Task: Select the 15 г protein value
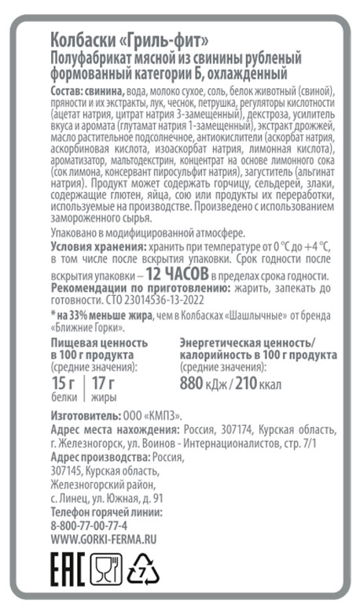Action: coord(63,384)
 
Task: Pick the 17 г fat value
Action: coord(103,384)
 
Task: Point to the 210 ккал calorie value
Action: coord(259,385)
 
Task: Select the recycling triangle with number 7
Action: coord(144,569)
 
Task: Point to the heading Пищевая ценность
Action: coord(99,343)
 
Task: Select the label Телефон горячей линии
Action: coord(105,512)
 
